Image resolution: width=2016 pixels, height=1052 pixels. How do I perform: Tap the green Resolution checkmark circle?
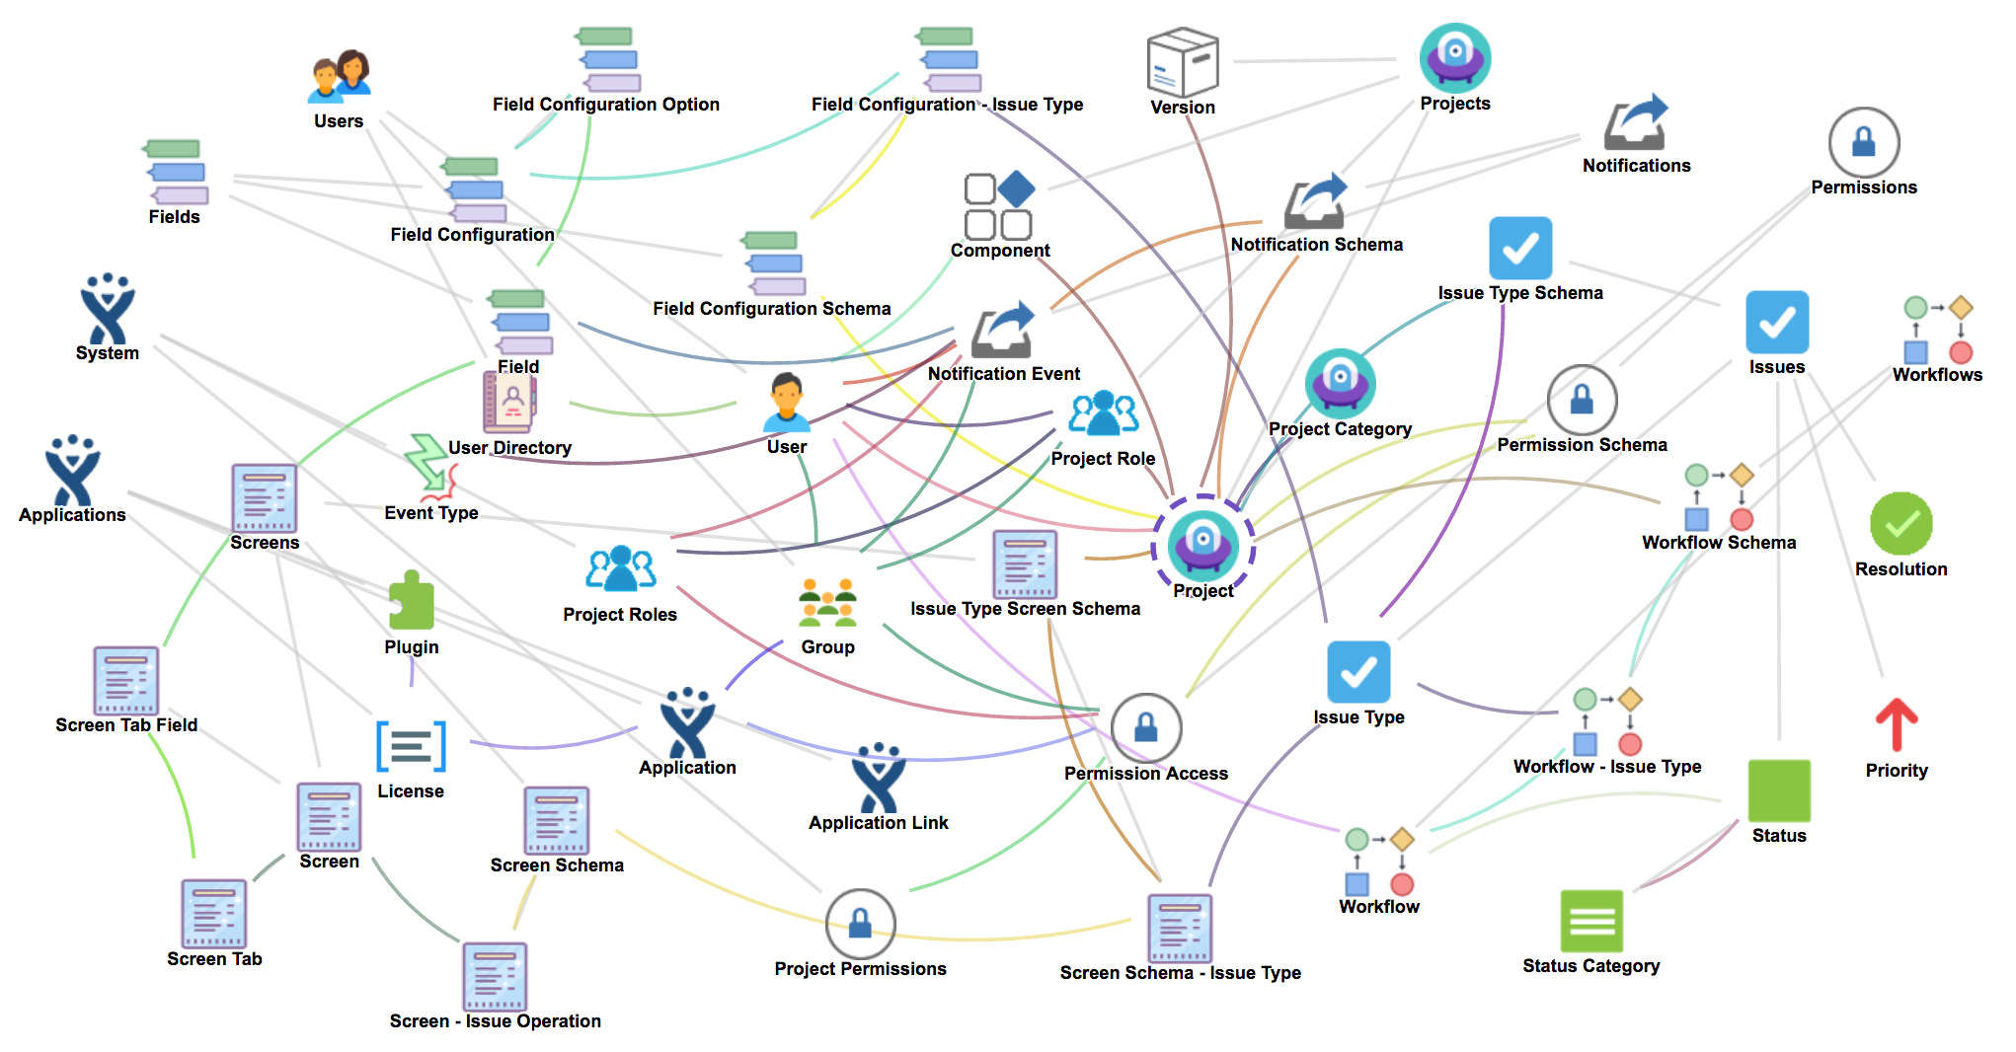coord(1900,524)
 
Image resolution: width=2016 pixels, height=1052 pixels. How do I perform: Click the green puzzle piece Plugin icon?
coord(411,601)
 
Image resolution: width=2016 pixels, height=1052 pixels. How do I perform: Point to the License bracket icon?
coord(411,746)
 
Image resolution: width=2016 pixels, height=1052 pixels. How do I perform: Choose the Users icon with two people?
coord(340,77)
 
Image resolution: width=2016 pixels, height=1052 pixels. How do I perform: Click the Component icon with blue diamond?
coord(999,206)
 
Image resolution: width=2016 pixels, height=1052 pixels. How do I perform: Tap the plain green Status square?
coord(1779,790)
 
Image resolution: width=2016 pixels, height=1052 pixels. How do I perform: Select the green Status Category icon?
coord(1590,921)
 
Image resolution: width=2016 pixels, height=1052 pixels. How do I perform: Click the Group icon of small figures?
coord(827,603)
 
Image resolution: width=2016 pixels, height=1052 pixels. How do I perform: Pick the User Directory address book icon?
coord(508,402)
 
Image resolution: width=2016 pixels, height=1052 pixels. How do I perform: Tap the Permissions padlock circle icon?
coord(1863,142)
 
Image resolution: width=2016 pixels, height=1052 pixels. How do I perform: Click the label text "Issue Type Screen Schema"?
coord(1025,609)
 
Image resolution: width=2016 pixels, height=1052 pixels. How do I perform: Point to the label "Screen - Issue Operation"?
coord(495,1021)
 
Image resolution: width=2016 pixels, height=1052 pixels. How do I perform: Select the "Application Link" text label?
coord(878,823)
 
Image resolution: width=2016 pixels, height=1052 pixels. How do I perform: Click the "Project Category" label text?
coord(1340,429)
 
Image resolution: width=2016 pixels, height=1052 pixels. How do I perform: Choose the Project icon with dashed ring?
coord(1202,544)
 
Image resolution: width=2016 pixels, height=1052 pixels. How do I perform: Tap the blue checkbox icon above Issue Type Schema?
coord(1519,248)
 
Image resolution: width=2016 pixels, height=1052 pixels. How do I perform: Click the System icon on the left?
coord(108,309)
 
